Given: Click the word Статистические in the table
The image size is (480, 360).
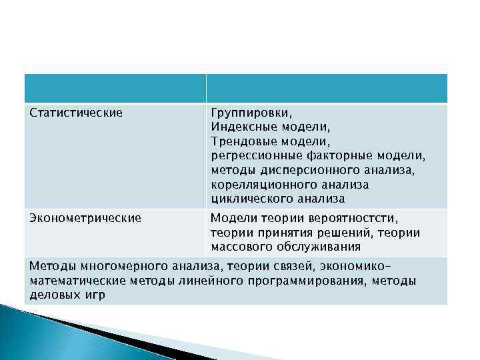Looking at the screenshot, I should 76,113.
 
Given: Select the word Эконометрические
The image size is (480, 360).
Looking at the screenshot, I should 85,217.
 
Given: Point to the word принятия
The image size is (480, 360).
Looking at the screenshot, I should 277,232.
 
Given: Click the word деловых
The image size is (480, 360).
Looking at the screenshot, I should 57,295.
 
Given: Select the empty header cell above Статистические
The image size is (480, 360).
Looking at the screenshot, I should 114,89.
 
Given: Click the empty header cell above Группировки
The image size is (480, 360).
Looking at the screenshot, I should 326,89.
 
